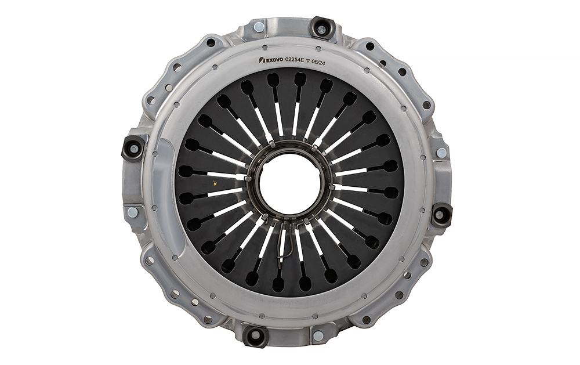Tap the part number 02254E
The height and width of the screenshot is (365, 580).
[x=295, y=61]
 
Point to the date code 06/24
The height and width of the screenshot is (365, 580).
[x=318, y=63]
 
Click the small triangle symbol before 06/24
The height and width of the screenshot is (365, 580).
[x=308, y=62]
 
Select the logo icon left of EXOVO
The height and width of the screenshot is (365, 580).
[x=260, y=60]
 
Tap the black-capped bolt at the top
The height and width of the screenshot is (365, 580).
[x=321, y=27]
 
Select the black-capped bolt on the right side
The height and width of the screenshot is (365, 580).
[x=441, y=214]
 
